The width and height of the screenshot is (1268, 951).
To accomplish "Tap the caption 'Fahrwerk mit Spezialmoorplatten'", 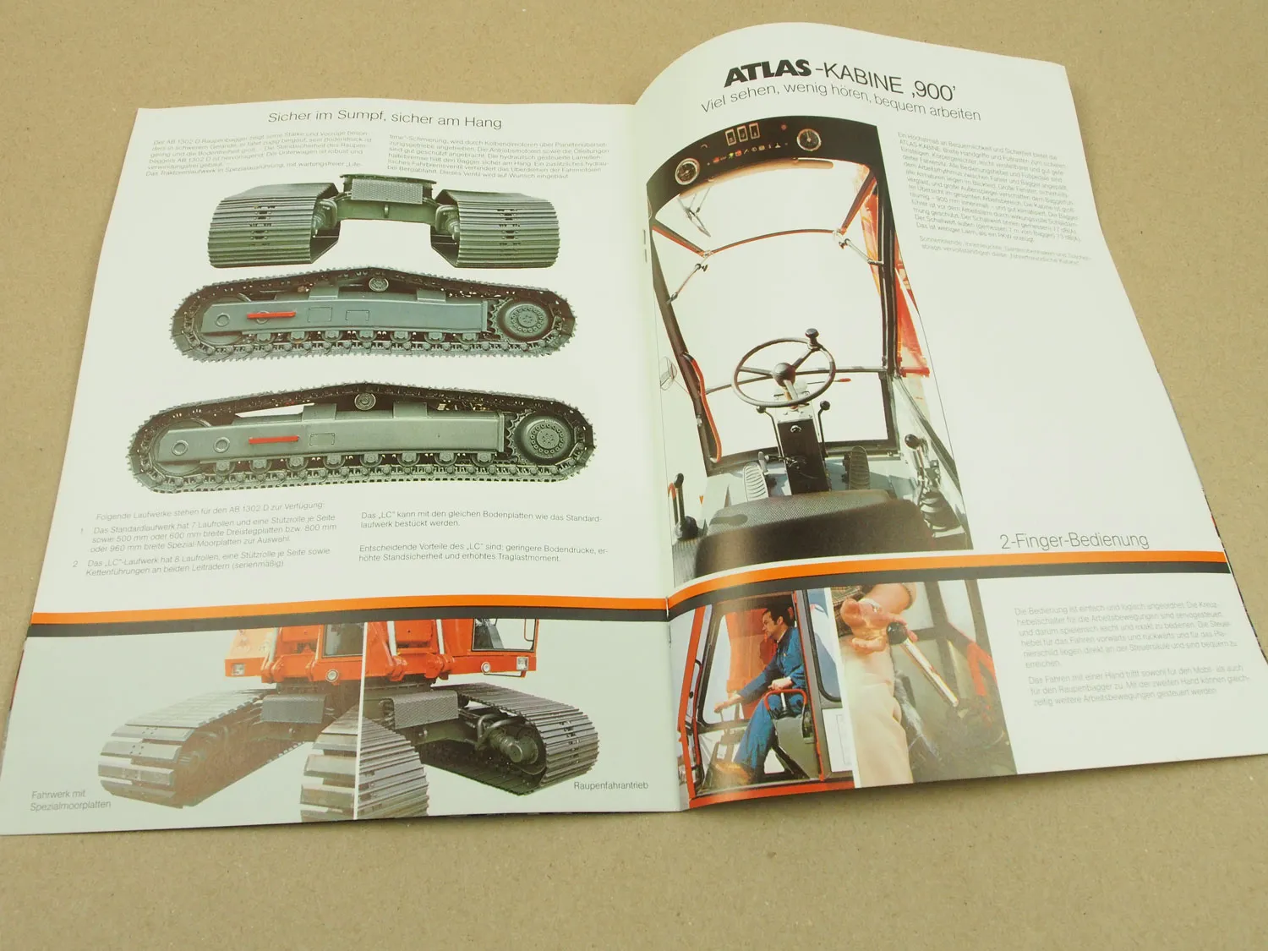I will [71, 800].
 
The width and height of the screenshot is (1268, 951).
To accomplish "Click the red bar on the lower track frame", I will [272, 439].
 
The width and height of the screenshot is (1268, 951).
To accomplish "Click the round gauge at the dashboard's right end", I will [811, 139].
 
